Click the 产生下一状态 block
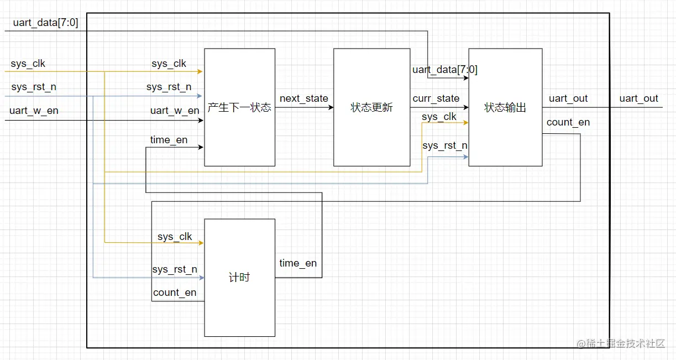click(x=239, y=107)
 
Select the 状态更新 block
click(x=371, y=107)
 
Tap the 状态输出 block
click(x=505, y=107)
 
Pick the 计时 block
click(x=239, y=278)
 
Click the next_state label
click(x=303, y=98)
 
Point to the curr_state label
click(x=436, y=98)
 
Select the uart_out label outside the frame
click(x=638, y=98)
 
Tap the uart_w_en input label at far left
click(x=34, y=111)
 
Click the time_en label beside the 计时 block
click(x=298, y=263)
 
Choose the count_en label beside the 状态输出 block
click(x=568, y=122)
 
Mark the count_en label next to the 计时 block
click(x=175, y=293)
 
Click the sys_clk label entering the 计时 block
click(x=175, y=237)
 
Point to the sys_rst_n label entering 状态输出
click(x=444, y=145)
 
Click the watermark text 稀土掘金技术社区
click(x=627, y=343)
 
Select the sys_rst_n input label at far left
click(x=34, y=87)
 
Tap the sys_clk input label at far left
click(x=28, y=64)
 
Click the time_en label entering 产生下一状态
click(x=169, y=140)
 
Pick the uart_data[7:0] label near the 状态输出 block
click(x=444, y=70)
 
